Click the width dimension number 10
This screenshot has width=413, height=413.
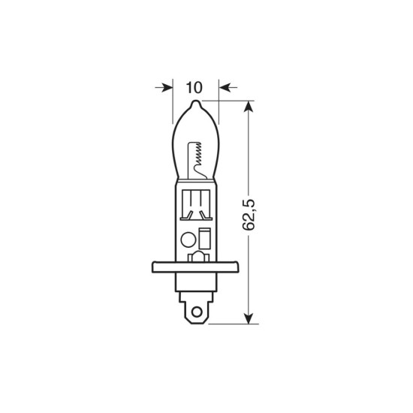(195, 87)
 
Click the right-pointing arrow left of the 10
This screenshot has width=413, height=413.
(167, 87)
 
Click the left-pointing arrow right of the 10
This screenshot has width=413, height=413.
(225, 87)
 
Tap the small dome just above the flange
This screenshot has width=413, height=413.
(196, 256)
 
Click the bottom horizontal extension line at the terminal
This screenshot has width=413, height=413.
(229, 323)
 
